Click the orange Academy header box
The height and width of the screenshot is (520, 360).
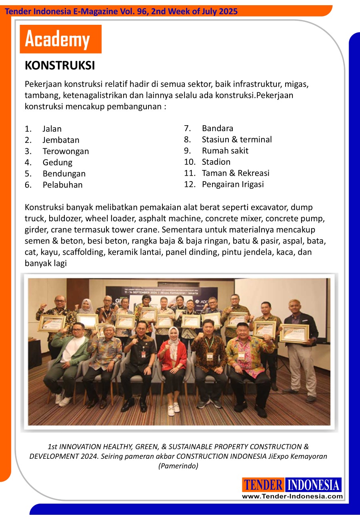(60, 39)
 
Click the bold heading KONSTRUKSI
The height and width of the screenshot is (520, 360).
(60, 66)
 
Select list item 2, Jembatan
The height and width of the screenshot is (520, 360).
(61, 140)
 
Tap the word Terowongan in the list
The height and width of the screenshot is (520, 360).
(66, 151)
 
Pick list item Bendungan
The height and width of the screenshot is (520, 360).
(64, 174)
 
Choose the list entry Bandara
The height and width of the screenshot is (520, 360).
(217, 128)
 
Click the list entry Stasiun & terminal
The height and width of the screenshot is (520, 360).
(236, 140)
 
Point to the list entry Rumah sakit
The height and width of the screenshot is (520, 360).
(225, 151)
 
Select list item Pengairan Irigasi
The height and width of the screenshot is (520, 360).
(232, 184)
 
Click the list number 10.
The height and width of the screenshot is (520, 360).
(190, 162)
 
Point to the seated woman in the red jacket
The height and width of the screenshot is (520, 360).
(172, 356)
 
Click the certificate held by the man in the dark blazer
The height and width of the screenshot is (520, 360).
(294, 333)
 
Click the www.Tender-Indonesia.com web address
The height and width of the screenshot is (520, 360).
(292, 496)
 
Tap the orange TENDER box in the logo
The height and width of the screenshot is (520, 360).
(263, 485)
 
